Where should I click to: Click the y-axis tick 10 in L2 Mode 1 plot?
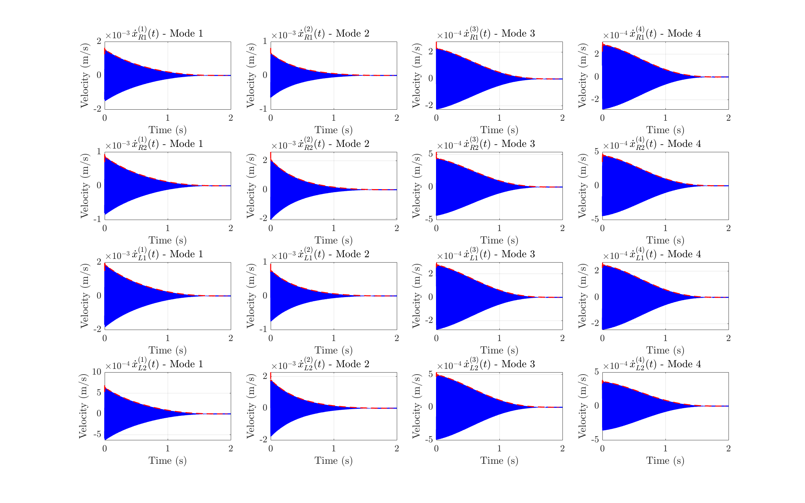(97, 372)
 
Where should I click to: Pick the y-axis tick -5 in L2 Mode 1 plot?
(97, 434)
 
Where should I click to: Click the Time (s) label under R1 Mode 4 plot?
(665, 130)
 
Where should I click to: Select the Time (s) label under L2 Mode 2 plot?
(333, 461)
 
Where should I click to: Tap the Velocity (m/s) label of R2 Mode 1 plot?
(85, 186)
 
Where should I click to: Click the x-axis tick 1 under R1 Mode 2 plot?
(334, 118)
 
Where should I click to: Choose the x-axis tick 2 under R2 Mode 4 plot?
(728, 228)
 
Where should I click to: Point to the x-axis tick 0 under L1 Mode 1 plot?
(105, 338)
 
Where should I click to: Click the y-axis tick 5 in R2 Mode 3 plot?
(430, 154)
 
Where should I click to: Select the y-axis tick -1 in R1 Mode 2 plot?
(264, 109)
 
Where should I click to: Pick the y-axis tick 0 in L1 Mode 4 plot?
(596, 297)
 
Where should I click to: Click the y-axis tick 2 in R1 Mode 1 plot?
(99, 41)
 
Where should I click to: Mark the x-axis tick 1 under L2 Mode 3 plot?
(499, 449)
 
